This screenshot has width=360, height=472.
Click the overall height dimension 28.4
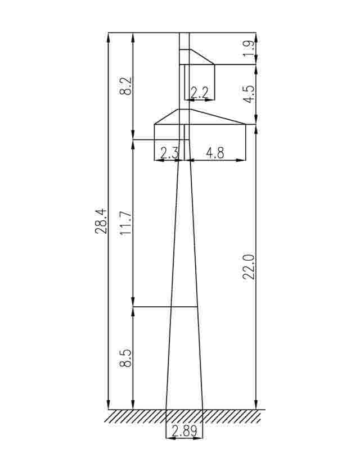101,221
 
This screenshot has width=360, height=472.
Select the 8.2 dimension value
125,86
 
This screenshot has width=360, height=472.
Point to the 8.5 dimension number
125,358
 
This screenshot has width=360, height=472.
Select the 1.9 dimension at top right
250,48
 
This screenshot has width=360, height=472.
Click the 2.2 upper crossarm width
199,92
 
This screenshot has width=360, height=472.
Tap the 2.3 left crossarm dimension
169,153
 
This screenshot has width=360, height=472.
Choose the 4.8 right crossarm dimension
215,153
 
